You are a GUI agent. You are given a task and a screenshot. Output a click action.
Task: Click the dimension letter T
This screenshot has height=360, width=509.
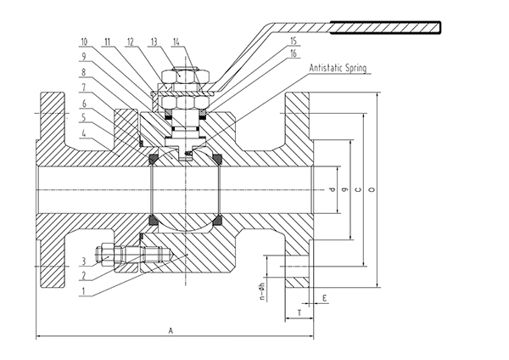(x=301, y=314)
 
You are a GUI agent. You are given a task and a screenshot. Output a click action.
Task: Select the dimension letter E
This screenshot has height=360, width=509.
(x=327, y=298)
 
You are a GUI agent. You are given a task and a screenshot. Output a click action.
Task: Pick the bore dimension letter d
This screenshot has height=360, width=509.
(x=334, y=188)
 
